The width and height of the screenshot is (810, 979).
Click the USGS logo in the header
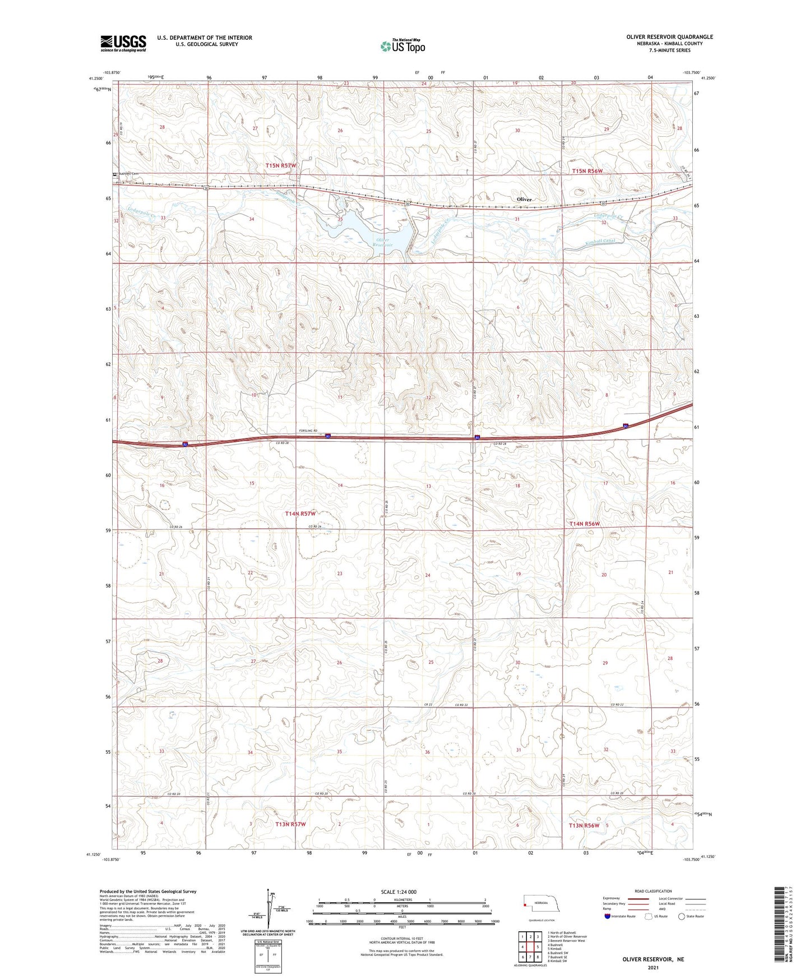123,43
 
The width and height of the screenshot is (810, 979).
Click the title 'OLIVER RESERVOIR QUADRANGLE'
670,37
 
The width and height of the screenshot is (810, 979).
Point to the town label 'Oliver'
524,200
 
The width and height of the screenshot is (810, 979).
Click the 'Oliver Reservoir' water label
383,242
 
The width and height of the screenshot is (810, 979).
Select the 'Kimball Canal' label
600,242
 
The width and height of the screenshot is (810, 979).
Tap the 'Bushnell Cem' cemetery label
128,174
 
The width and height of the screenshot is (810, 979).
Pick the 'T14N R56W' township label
585,524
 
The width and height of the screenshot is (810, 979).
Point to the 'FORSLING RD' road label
308,431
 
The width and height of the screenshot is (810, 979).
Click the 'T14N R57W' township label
300,514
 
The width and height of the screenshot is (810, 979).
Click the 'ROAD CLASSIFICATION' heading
654,891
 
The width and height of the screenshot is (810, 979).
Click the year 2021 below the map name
653,967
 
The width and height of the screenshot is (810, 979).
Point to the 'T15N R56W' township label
587,171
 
